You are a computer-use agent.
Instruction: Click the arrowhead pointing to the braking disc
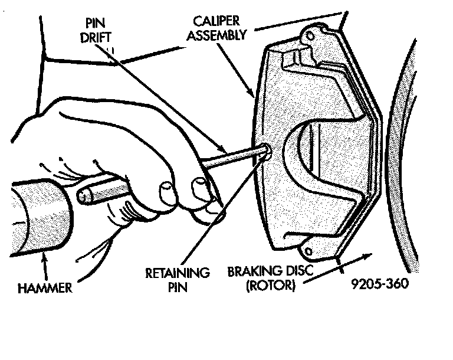pyautogui.click(x=370, y=256)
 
